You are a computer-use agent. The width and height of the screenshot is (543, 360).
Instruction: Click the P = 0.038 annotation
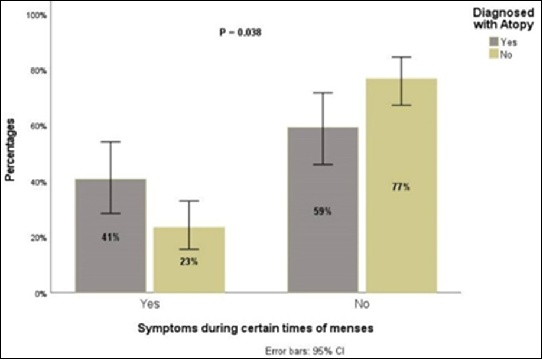tap(240, 33)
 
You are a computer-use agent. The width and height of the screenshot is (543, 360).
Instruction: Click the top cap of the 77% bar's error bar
tap(402, 57)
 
